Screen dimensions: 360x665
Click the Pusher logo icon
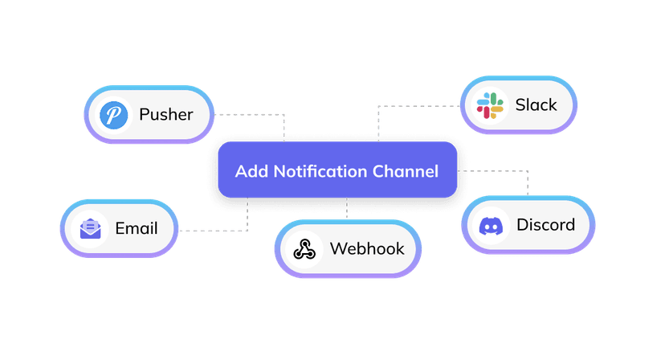(x=114, y=115)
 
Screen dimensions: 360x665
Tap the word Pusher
(x=165, y=114)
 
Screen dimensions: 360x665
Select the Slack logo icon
(x=489, y=105)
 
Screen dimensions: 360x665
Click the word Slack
(x=536, y=105)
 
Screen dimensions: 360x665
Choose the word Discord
(x=545, y=224)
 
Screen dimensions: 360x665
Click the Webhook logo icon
(x=304, y=248)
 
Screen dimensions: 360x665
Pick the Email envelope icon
(x=90, y=229)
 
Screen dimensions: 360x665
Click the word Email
(x=137, y=228)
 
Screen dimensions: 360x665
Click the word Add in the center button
(x=251, y=171)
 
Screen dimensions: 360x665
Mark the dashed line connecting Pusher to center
(x=249, y=115)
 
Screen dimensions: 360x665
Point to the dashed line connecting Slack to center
(x=418, y=105)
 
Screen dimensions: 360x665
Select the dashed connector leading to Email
(x=213, y=231)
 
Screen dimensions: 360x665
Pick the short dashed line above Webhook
(x=347, y=208)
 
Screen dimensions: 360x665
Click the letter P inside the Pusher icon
(x=114, y=115)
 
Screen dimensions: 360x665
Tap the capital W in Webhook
(x=338, y=247)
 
